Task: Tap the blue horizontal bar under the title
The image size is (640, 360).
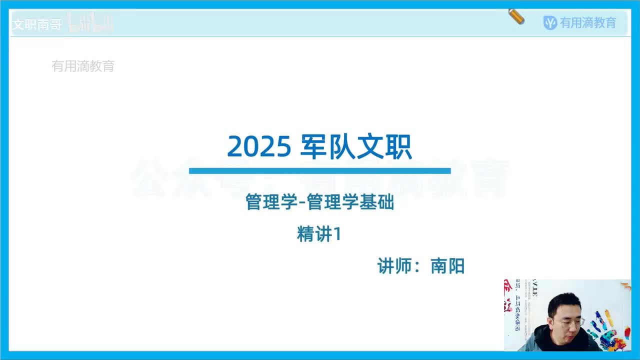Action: click(x=319, y=170)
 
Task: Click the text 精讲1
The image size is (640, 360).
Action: click(x=319, y=234)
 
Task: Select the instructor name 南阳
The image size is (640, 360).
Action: click(x=447, y=266)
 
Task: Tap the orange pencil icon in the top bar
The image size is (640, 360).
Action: click(x=516, y=16)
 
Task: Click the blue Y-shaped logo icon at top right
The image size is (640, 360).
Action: click(x=550, y=23)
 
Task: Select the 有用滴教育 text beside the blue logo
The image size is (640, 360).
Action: click(x=588, y=23)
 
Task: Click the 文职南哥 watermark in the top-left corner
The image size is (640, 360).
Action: click(x=36, y=24)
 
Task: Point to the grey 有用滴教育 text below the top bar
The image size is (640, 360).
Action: click(x=83, y=66)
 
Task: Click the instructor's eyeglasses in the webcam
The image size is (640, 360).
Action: click(x=568, y=322)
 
